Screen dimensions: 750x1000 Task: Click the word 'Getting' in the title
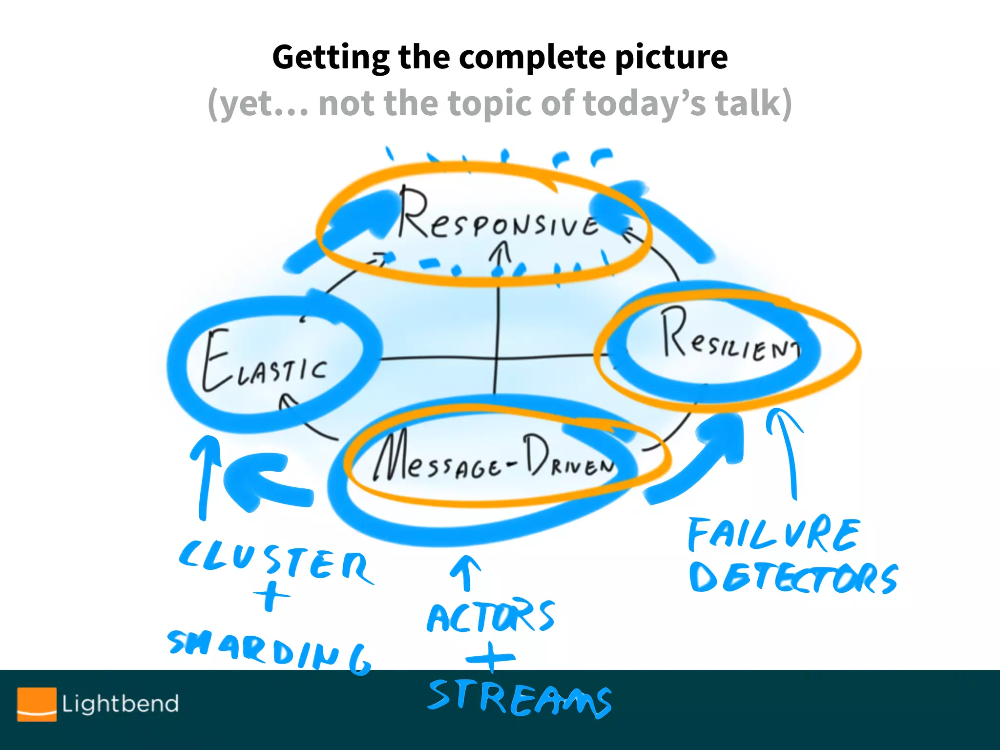(x=330, y=58)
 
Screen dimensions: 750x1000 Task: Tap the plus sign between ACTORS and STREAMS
(x=491, y=657)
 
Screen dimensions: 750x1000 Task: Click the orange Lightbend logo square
(x=37, y=704)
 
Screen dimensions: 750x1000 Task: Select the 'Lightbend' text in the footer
(x=120, y=704)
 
